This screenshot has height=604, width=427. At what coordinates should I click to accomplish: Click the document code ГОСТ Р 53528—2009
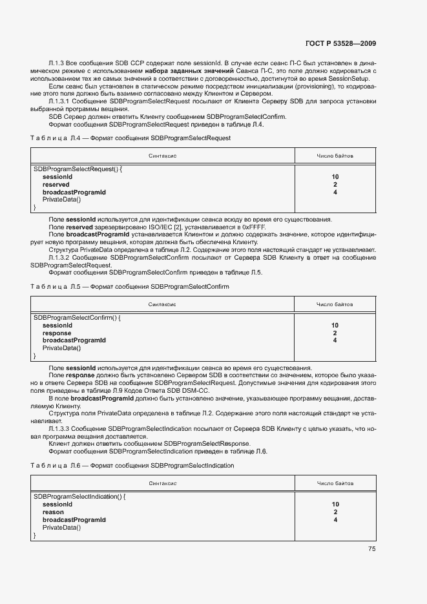340,44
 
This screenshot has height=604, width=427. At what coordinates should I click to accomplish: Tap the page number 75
371,549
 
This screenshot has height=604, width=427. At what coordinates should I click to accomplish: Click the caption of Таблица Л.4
130,138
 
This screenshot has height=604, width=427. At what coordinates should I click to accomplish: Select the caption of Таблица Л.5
130,286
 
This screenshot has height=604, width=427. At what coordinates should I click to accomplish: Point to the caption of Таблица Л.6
132,465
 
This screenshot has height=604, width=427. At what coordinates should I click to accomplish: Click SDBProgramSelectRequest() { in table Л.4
78,169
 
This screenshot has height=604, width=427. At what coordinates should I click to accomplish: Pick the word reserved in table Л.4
56,185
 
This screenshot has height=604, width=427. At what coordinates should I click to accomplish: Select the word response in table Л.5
57,333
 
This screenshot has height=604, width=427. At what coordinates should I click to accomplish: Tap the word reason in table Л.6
53,512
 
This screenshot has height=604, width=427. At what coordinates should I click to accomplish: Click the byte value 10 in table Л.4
335,177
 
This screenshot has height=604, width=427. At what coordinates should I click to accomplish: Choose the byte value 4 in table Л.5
335,340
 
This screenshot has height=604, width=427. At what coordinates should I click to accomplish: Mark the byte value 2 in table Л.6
335,512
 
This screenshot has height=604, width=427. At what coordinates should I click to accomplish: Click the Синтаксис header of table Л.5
163,304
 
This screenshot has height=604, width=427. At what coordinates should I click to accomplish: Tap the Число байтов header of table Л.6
335,483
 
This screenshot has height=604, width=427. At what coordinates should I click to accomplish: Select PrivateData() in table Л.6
61,528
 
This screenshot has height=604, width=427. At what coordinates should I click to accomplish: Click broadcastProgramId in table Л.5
74,340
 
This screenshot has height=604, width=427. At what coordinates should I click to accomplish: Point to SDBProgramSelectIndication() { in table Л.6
79,497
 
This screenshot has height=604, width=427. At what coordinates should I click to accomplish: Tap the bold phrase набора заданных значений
184,70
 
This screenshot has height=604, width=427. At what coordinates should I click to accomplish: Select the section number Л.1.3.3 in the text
59,429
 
